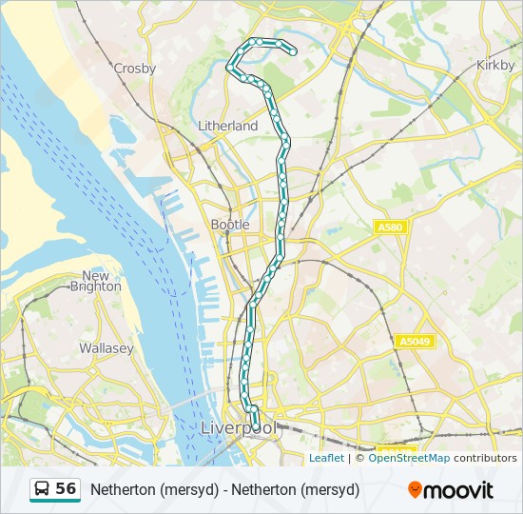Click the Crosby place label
click(134, 69)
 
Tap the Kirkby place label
click(494, 65)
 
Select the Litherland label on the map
click(227, 126)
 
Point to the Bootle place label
click(230, 225)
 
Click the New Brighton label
click(95, 281)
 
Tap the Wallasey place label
click(106, 348)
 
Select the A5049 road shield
click(415, 341)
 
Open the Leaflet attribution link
click(326, 458)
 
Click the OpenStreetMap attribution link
click(409, 458)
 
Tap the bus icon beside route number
click(43, 489)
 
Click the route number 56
click(66, 489)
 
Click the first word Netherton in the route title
click(123, 490)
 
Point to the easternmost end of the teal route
click(294, 52)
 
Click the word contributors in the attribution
click(485, 458)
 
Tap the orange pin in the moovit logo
click(415, 490)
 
